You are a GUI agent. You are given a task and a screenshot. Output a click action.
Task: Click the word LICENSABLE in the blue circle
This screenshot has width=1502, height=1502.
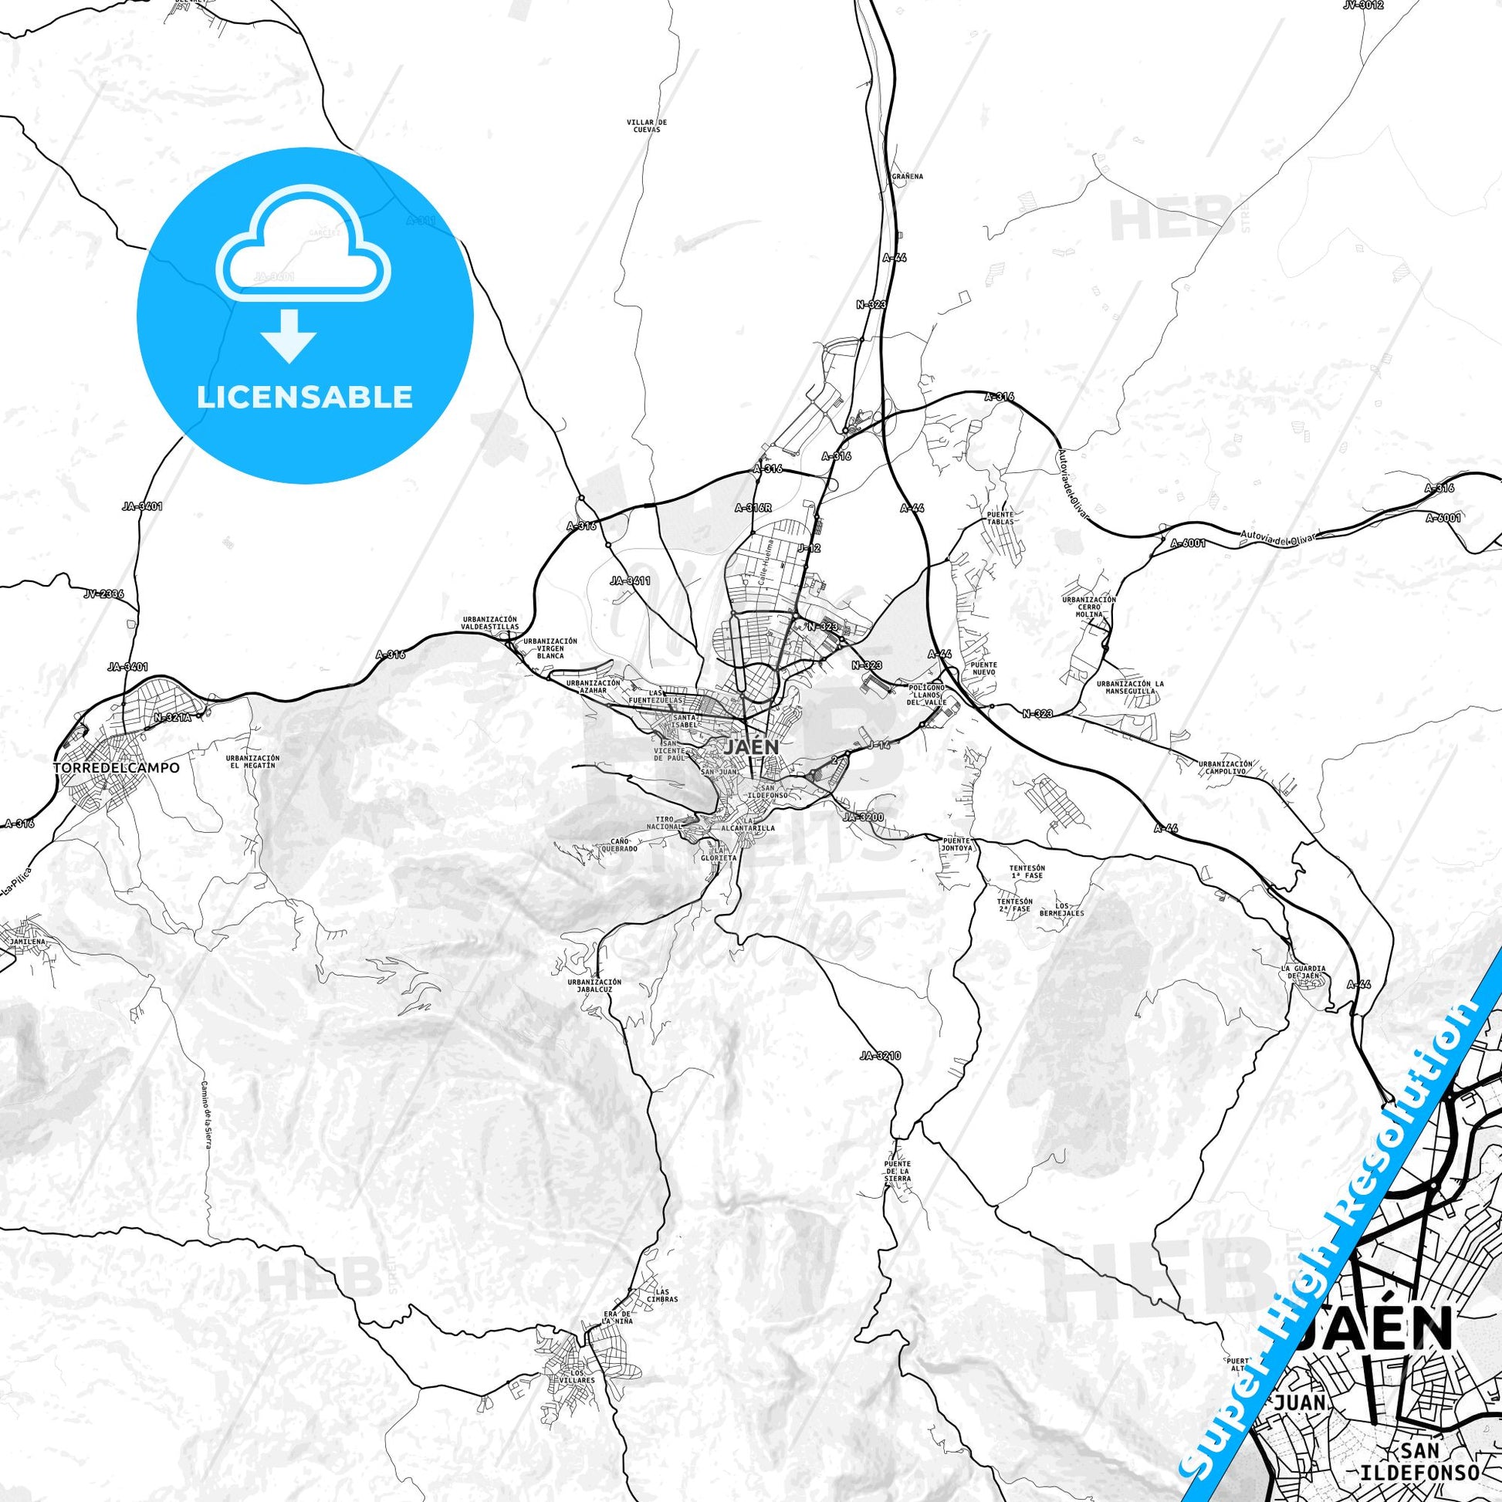(304, 397)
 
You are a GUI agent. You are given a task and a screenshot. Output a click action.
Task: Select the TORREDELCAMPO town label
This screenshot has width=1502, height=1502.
(116, 767)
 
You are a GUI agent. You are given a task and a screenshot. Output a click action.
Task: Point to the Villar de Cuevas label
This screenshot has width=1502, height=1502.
(647, 126)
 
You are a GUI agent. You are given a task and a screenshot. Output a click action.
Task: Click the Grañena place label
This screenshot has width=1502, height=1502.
(907, 177)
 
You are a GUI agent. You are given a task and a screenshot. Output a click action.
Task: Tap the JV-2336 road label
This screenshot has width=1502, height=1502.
(103, 594)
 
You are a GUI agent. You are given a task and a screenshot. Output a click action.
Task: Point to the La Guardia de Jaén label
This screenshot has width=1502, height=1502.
(1303, 972)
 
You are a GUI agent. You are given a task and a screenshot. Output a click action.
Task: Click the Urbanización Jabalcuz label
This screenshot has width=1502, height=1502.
(594, 986)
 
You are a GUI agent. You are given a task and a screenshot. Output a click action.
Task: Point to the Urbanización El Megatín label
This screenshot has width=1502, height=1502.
(252, 761)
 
